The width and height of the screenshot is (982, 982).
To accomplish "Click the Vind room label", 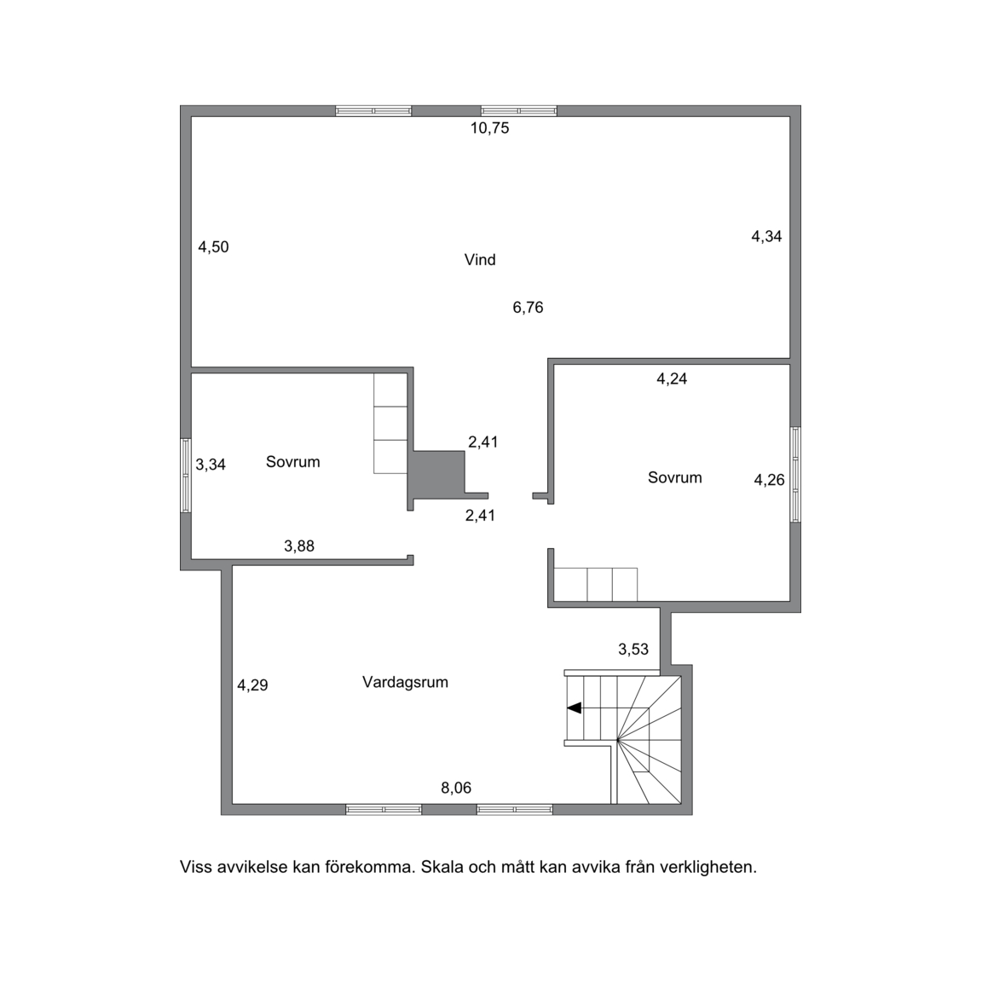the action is coord(480,260).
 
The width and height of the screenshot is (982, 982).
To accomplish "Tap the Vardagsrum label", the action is coord(405,682).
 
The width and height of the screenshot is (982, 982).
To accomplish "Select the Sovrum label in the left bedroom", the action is coord(293,462).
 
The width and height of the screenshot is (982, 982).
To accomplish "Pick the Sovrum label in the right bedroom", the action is coord(674,478).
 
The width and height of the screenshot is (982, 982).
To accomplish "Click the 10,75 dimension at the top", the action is coord(490,129).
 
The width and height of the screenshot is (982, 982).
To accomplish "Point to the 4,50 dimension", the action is coord(214,247).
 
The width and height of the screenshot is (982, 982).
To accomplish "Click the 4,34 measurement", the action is coord(766,237).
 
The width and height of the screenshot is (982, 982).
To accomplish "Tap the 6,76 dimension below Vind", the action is coord(528,308).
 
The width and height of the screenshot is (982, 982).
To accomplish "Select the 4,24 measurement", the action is coord(672,378).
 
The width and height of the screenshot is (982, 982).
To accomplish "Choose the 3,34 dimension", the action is coord(211,465).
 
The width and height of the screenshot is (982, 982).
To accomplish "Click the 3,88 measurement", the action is coord(299,546).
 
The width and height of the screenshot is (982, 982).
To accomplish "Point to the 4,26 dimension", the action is coord(769,481).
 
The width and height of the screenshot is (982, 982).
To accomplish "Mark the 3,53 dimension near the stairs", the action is coord(634,650).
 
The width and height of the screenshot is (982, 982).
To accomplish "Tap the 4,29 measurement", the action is coord(252,685).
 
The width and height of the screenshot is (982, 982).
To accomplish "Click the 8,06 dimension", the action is coord(456,788).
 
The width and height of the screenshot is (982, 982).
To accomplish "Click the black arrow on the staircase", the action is coord(575,708).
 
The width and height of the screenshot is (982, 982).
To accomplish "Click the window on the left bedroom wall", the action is coord(186,476).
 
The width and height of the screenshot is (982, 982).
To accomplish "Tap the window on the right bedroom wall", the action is coord(795,474).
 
